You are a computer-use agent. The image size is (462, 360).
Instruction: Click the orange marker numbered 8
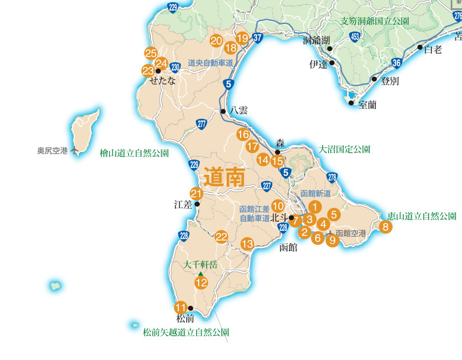[385, 227]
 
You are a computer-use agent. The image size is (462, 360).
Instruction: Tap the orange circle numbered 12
[201, 283]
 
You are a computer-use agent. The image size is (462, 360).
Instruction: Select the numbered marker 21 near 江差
[196, 194]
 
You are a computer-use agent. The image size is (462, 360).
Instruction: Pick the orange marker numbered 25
[151, 54]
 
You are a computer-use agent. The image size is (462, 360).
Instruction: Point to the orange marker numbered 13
[248, 243]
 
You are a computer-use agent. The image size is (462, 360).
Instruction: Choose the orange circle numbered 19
[243, 38]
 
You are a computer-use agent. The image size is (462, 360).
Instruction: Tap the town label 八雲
[239, 110]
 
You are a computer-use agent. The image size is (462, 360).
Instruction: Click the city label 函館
[288, 247]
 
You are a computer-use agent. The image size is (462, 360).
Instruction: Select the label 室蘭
[368, 105]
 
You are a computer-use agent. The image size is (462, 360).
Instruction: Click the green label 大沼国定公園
[344, 149]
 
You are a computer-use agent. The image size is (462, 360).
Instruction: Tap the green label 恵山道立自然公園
[422, 216]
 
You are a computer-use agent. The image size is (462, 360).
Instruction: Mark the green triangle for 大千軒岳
[200, 274]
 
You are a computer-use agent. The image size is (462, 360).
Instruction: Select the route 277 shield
[202, 123]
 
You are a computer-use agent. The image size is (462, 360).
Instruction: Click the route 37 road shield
[259, 38]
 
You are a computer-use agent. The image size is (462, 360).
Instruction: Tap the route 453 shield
[355, 37]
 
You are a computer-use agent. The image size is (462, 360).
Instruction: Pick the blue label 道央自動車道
[210, 63]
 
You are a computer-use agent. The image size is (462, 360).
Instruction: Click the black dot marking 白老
[419, 47]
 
